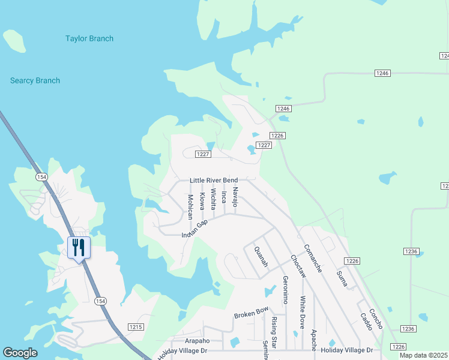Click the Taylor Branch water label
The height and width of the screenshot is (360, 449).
tap(89, 39)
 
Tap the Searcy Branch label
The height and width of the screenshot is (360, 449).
tap(35, 81)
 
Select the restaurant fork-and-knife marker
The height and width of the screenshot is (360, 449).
tap(79, 247)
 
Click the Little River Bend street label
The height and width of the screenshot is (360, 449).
tap(214, 181)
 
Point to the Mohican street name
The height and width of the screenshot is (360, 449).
tap(190, 206)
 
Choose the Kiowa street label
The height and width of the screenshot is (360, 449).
tap(202, 201)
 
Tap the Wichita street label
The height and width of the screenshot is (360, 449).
tap(213, 201)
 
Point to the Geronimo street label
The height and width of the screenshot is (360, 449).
tap(285, 290)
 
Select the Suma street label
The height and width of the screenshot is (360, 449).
tap(342, 278)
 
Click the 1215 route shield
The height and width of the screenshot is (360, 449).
tap(136, 326)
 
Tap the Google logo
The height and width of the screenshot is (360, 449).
tap(20, 353)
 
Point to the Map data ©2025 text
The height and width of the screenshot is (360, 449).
tap(424, 355)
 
